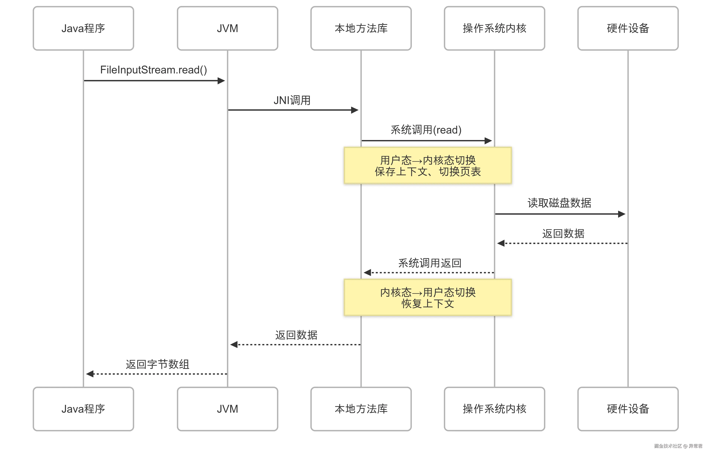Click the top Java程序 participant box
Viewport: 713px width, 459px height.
click(83, 28)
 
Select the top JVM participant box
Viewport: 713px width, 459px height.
click(227, 28)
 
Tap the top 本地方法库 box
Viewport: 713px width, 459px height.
click(361, 28)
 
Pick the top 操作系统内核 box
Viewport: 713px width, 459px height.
click(494, 28)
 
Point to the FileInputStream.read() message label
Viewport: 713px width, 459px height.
click(153, 70)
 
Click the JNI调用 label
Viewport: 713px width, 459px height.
click(292, 100)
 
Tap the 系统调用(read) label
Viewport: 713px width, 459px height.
click(426, 130)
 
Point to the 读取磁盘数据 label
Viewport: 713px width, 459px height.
click(559, 203)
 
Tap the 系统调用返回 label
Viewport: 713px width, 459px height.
click(430, 263)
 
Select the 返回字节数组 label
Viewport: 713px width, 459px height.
click(157, 364)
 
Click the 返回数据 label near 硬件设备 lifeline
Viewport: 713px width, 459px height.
click(563, 233)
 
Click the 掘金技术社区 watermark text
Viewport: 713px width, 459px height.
click(668, 446)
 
